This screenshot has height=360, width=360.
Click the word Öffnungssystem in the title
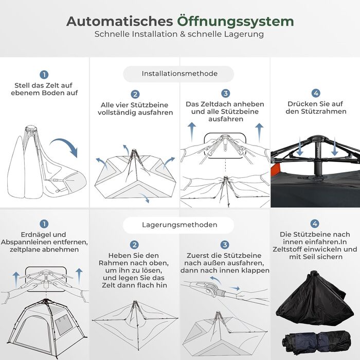236,22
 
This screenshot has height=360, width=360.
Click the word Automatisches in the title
120,22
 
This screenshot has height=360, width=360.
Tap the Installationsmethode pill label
179,74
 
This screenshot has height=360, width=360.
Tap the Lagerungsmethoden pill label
179,225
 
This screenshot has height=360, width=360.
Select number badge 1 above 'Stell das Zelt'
44,75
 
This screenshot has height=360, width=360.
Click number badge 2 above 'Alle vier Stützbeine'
135,94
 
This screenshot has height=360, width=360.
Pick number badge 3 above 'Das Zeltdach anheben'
225,93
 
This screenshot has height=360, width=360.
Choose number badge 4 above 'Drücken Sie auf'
316,93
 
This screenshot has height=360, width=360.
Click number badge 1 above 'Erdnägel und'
44,224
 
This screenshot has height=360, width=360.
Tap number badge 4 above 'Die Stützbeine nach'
315,223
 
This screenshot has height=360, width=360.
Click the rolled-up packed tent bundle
317,342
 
